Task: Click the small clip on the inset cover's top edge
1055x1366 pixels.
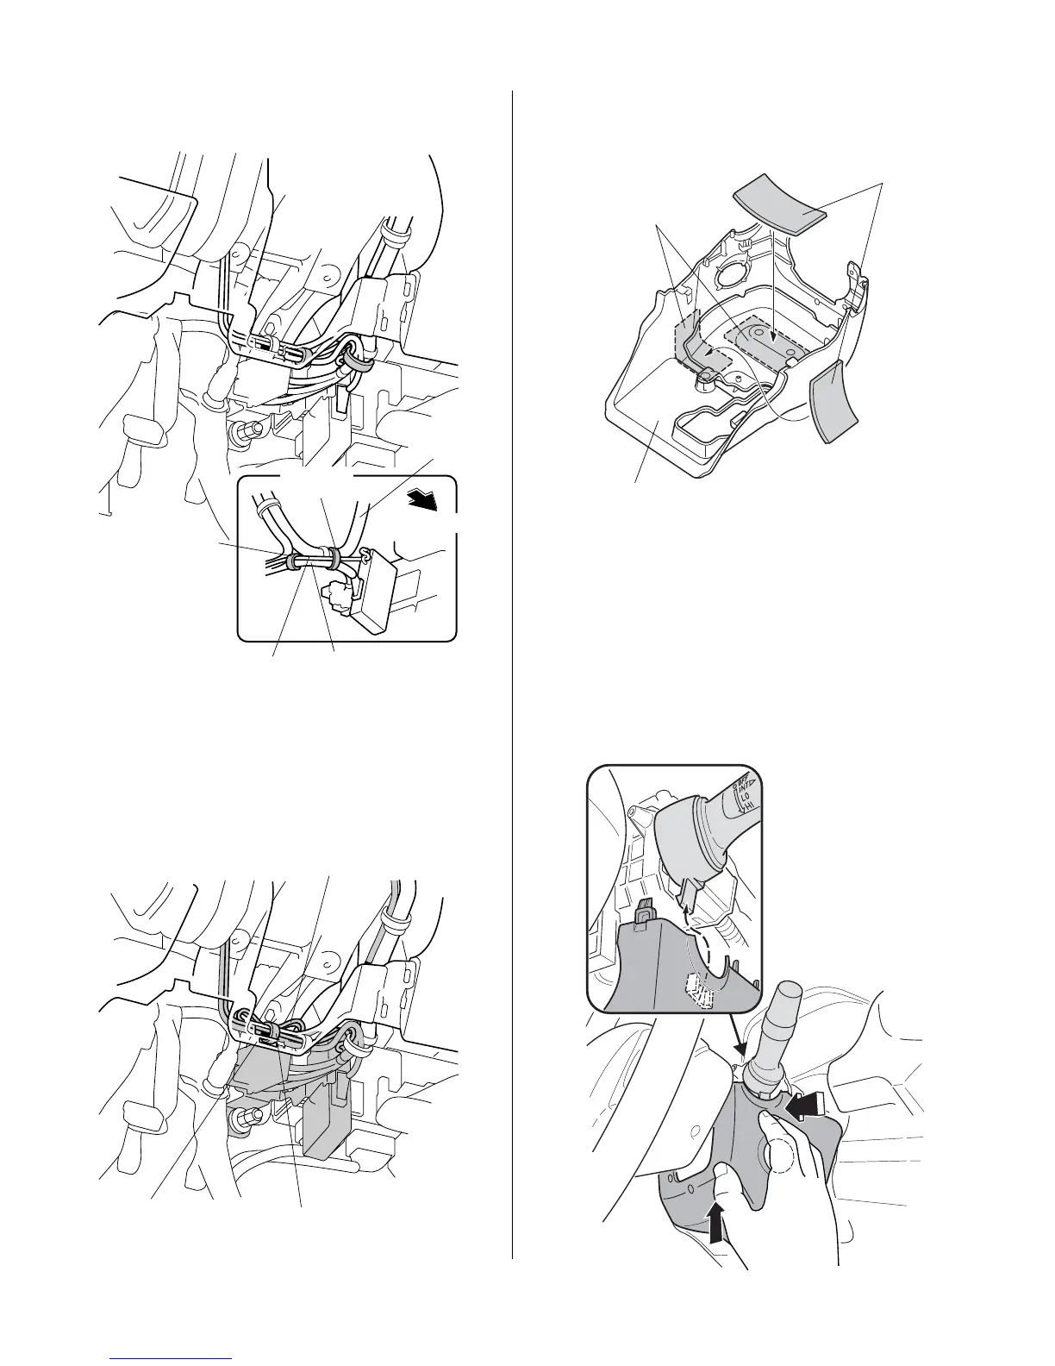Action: pos(643,912)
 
